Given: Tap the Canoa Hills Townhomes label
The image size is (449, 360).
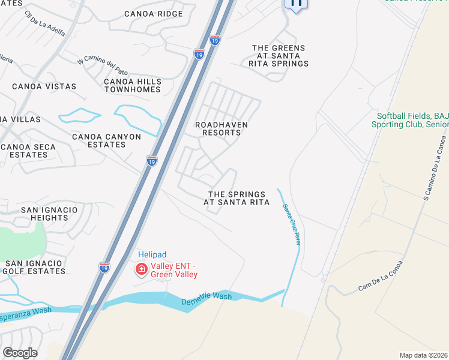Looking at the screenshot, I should [x=133, y=85].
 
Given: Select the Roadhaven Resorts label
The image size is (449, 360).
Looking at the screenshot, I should [x=221, y=128].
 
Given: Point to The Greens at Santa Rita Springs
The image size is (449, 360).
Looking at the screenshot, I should [x=279, y=56].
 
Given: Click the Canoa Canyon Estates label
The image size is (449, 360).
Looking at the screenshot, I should [x=106, y=141].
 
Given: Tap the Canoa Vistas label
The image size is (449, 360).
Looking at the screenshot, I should [x=44, y=86].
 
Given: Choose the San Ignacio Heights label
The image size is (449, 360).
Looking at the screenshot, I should [x=49, y=214].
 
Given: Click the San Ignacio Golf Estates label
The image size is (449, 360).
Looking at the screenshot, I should [x=35, y=267].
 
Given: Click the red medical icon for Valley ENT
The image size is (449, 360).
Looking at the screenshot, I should [x=142, y=270].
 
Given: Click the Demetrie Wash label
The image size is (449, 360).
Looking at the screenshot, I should [x=206, y=299].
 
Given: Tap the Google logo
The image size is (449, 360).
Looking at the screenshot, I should [x=20, y=353].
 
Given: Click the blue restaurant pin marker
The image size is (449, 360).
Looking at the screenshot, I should [x=296, y=3].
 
